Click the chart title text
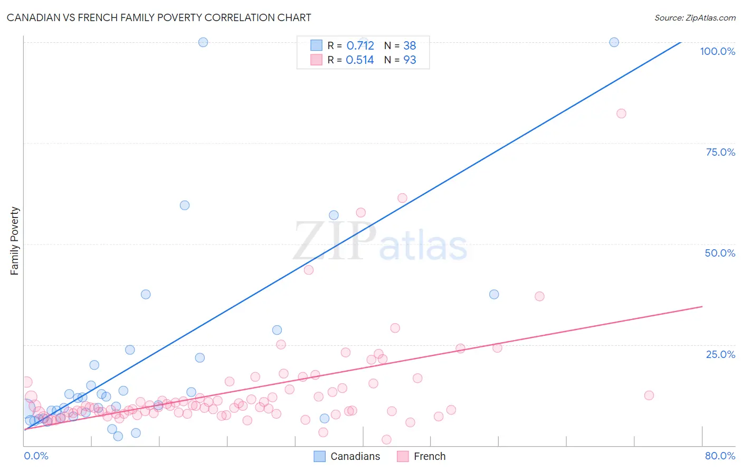click(x=159, y=17)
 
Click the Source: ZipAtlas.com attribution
click(x=695, y=17)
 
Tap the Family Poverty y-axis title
click(x=15, y=241)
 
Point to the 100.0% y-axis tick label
click(x=717, y=51)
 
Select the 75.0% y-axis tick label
click(x=720, y=152)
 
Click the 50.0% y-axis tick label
click(x=720, y=253)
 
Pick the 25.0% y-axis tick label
click(x=720, y=354)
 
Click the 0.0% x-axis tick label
click(x=36, y=456)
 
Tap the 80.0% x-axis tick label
click(x=720, y=456)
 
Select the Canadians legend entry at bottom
click(x=347, y=456)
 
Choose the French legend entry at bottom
click(x=422, y=456)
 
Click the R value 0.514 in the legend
click(x=359, y=60)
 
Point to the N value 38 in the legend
click(x=410, y=45)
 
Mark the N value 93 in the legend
click(x=410, y=60)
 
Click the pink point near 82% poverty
click(x=621, y=114)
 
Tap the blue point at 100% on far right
click(x=614, y=42)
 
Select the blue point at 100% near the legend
click(x=203, y=42)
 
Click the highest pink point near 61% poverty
click(x=402, y=198)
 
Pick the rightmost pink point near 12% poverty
click(x=649, y=395)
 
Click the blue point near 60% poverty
click(x=185, y=205)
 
